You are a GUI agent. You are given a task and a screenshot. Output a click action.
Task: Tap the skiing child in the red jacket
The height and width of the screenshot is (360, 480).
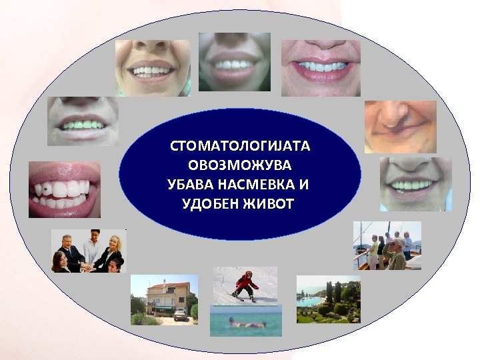tap(245, 285)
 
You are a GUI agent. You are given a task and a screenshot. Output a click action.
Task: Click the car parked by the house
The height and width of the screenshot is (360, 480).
tap(179, 315)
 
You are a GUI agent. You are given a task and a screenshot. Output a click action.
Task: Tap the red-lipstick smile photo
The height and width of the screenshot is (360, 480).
tap(320, 69)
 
